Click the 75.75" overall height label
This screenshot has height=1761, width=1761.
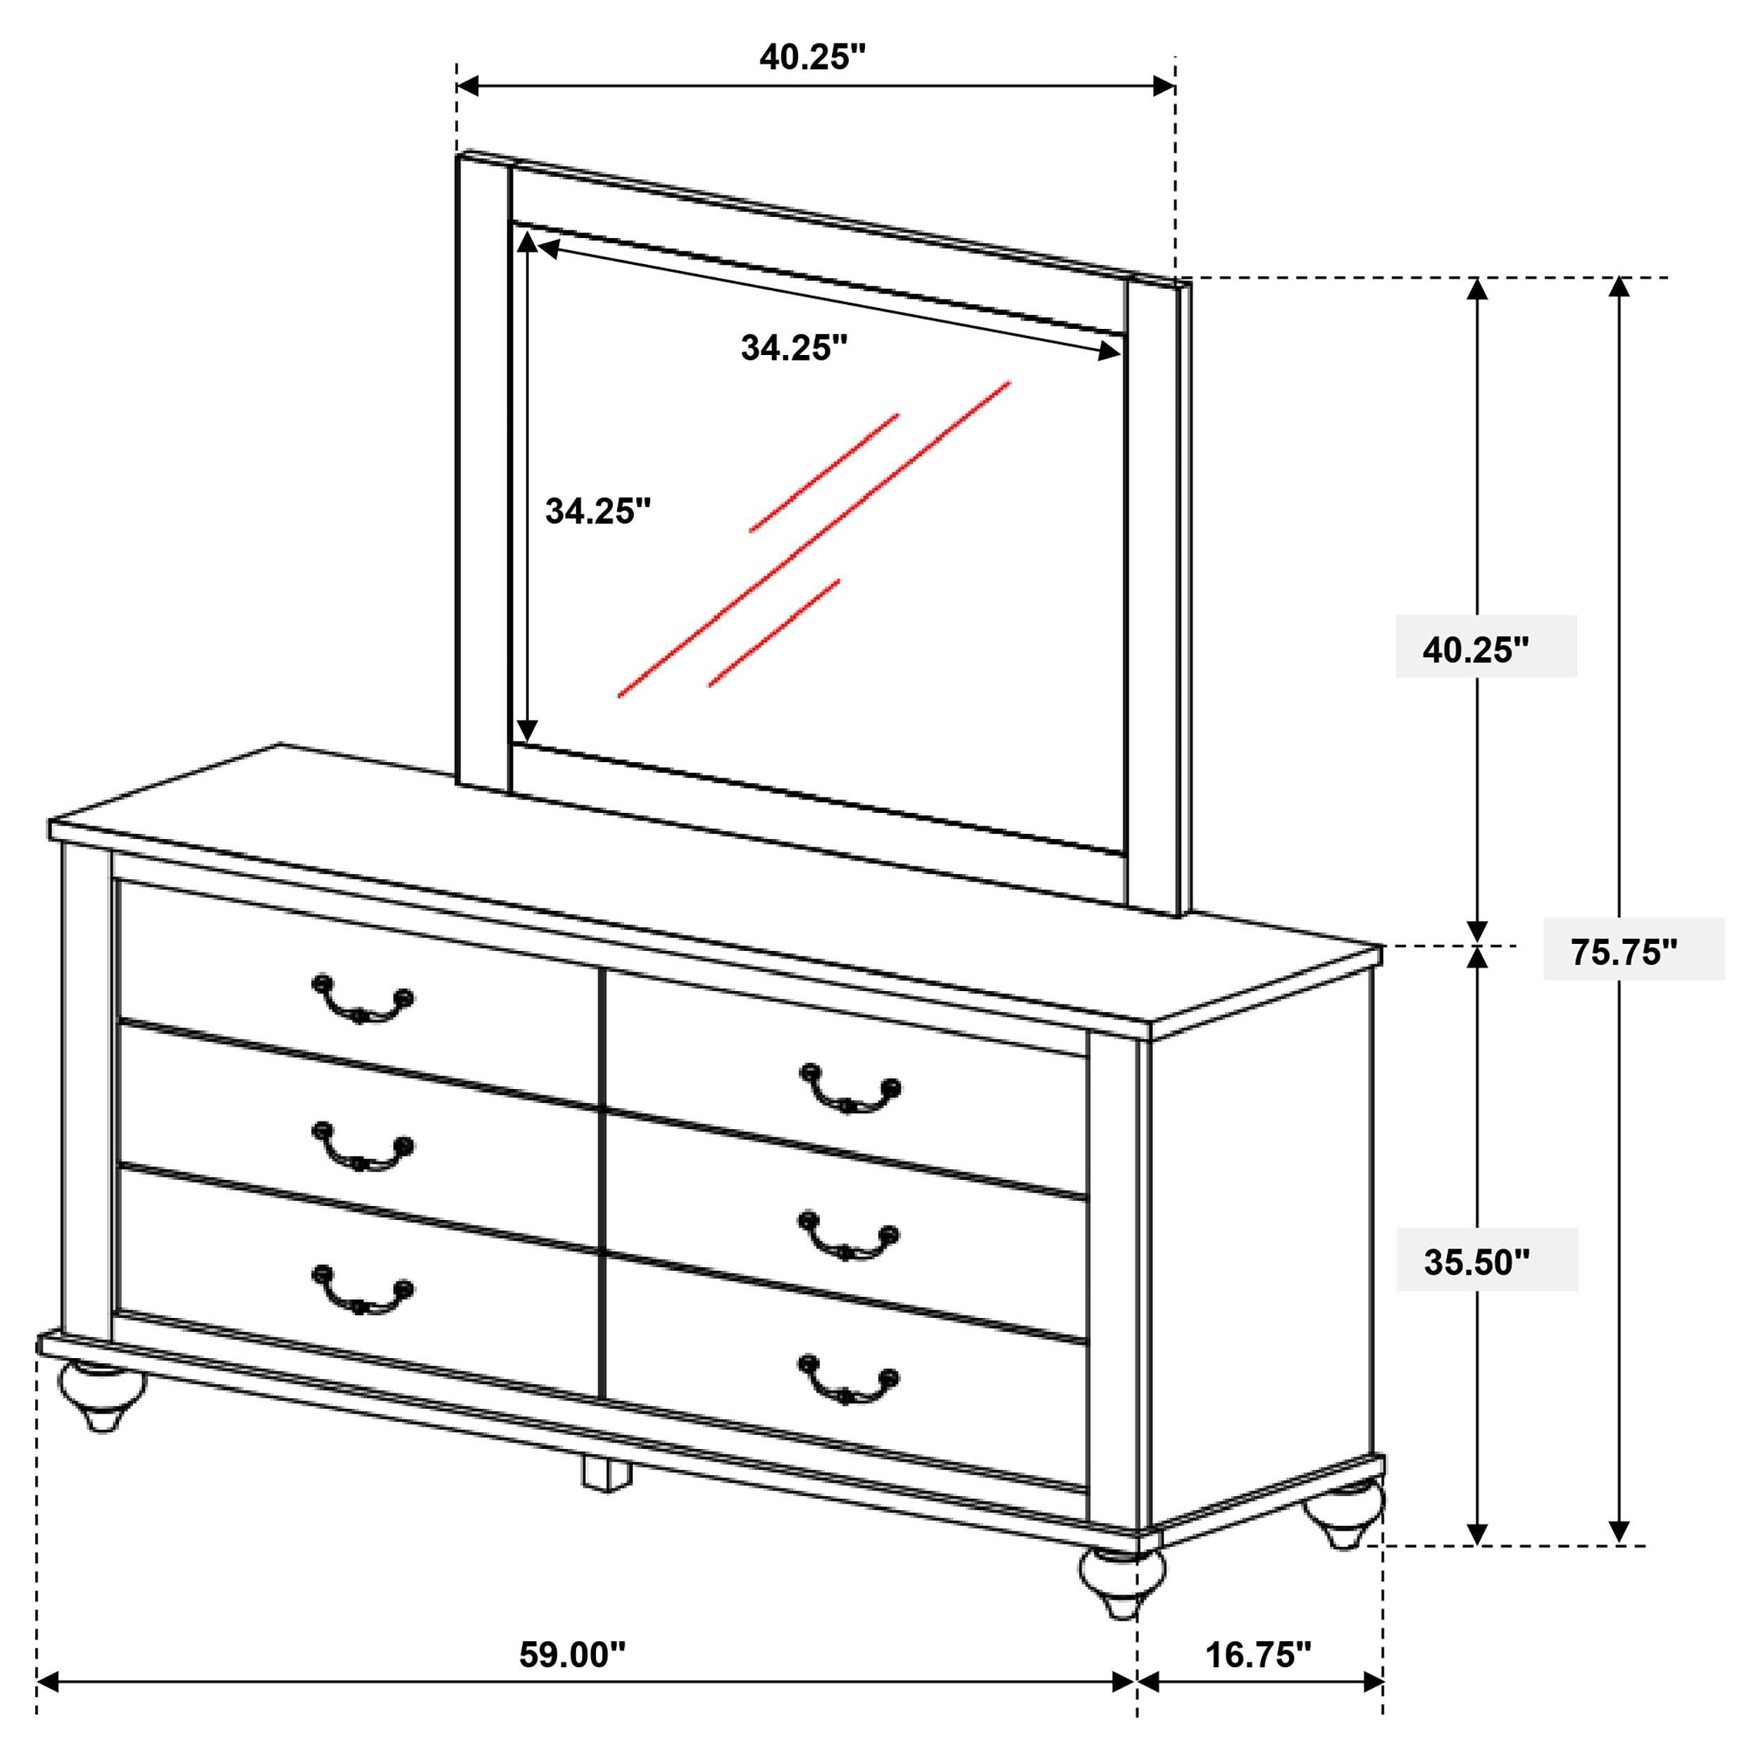coord(1624,952)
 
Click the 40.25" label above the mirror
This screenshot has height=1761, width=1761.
coord(812,56)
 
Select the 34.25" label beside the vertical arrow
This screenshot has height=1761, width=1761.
coord(599,511)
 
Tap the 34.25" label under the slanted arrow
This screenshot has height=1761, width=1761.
coord(794,347)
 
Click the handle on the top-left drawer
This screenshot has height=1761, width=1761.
coord(363,1000)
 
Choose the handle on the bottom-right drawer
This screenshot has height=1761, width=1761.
coord(849,1379)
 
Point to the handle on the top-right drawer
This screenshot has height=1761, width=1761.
coord(850,1089)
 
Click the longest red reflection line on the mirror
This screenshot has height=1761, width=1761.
coord(814,540)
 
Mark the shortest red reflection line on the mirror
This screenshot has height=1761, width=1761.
coord(774,633)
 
